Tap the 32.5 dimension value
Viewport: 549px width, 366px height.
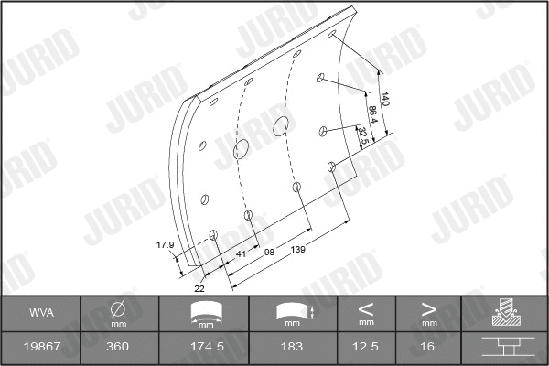point(363,137)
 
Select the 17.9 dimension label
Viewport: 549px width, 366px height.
point(165,244)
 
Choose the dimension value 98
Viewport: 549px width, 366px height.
point(270,250)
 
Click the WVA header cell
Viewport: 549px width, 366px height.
point(41,314)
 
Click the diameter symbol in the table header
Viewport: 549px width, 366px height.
point(118,309)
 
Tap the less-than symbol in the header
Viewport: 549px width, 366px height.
point(366,308)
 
